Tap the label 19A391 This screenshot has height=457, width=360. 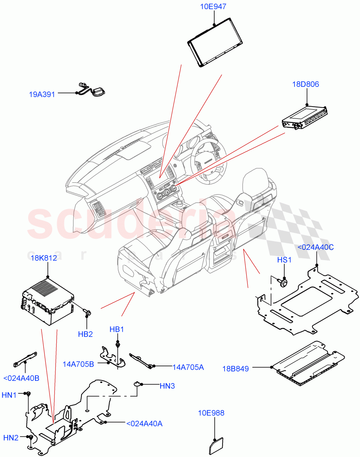[42, 94]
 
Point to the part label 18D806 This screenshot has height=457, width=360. [306, 85]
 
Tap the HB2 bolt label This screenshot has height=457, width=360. [86, 334]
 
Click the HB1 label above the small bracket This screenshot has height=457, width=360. [117, 329]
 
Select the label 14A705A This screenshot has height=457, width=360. [188, 367]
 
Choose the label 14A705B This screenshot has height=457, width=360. [78, 364]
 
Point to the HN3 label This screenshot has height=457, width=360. [167, 386]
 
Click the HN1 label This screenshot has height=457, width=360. [9, 396]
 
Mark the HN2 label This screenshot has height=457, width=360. [11, 438]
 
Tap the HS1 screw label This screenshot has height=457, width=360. [284, 260]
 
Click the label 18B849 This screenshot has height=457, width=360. [236, 368]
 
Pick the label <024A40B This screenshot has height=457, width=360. [21, 378]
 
